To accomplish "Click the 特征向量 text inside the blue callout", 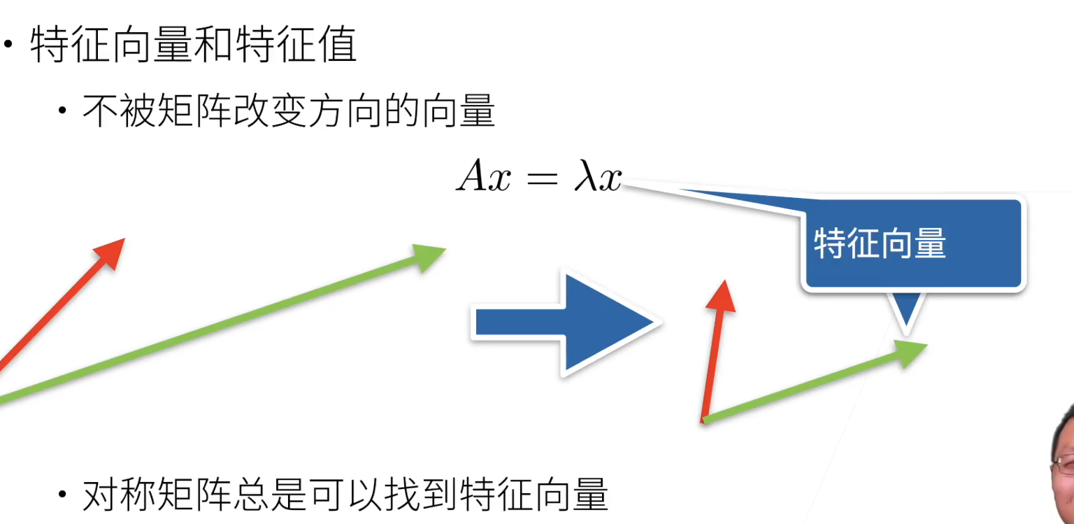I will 880,244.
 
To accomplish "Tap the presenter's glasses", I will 1065,462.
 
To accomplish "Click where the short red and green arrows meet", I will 704,419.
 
